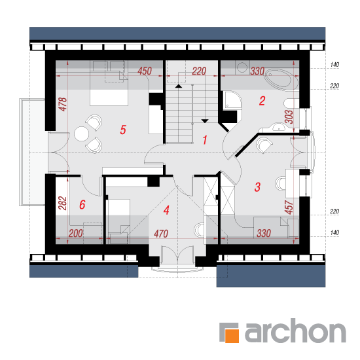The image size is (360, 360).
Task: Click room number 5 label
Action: [123, 130]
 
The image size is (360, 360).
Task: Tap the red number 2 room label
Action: [262, 101]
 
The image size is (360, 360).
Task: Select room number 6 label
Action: [82, 205]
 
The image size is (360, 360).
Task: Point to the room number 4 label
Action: [166, 210]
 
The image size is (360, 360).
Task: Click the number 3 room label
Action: [258, 187]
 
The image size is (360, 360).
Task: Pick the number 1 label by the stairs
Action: [205, 140]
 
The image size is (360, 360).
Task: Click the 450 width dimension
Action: [145, 71]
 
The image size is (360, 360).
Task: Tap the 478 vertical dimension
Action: [63, 105]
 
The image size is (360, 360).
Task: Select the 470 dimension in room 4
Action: [161, 234]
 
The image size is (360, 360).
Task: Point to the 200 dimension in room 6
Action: [75, 234]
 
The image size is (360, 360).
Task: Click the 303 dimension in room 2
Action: [289, 117]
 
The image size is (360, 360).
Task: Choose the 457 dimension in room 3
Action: [289, 207]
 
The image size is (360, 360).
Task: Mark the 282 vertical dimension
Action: [63, 203]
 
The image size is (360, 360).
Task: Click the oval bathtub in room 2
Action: [281, 79]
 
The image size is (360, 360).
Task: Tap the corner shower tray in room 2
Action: [232, 100]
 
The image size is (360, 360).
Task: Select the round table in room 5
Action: [81, 134]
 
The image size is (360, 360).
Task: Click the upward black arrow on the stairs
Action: [179, 86]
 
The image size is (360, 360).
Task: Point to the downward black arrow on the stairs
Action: [205, 121]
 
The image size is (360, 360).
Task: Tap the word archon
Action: [295, 331]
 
